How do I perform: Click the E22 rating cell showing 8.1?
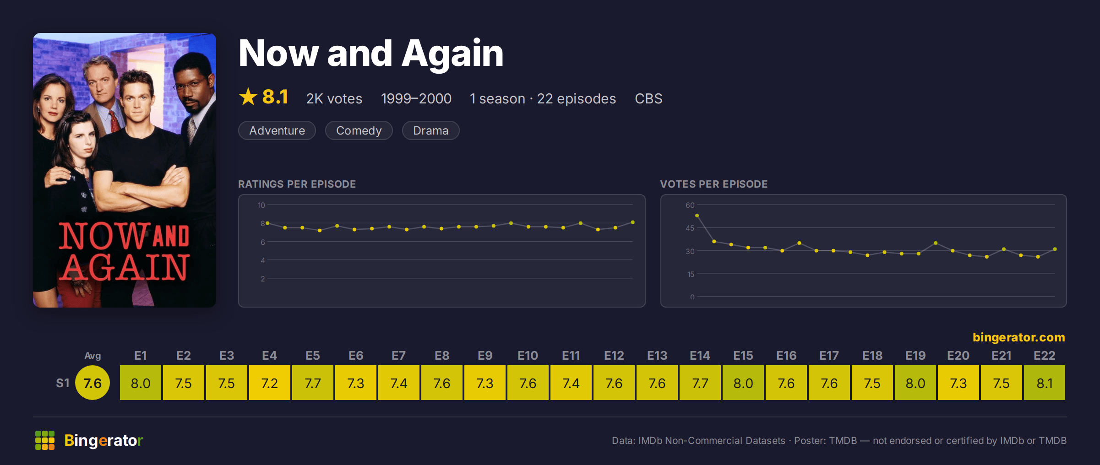[1044, 383]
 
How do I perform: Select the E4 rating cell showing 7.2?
[269, 383]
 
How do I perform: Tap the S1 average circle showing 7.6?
[93, 383]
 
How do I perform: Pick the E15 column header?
[743, 356]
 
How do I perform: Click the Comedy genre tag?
[359, 130]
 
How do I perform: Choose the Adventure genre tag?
[277, 130]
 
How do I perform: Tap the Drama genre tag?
[430, 130]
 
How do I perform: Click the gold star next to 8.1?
[248, 97]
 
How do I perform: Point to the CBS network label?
[648, 98]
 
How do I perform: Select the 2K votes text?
[334, 98]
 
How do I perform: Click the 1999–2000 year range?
[416, 98]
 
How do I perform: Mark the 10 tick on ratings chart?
[261, 205]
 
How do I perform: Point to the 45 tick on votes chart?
[690, 228]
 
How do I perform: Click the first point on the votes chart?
[697, 216]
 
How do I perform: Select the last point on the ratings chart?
[633, 222]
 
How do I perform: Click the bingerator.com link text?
[1018, 337]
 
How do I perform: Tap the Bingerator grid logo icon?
[45, 440]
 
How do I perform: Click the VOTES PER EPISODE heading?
[713, 184]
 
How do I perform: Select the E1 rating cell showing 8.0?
[140, 383]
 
